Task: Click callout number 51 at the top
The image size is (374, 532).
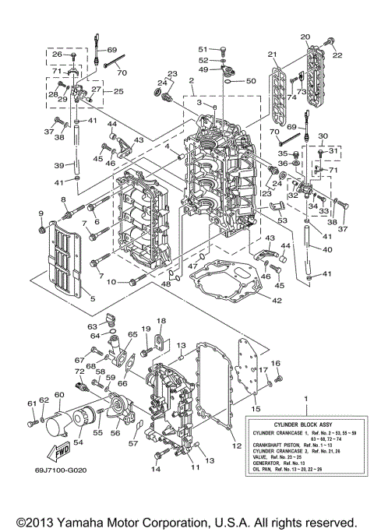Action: (201, 49)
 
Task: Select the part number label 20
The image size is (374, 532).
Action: (305, 37)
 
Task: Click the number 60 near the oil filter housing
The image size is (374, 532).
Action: (58, 395)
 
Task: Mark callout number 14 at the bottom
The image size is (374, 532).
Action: (156, 470)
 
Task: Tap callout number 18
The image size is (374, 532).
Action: (161, 321)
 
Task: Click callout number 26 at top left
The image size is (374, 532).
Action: (67, 55)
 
